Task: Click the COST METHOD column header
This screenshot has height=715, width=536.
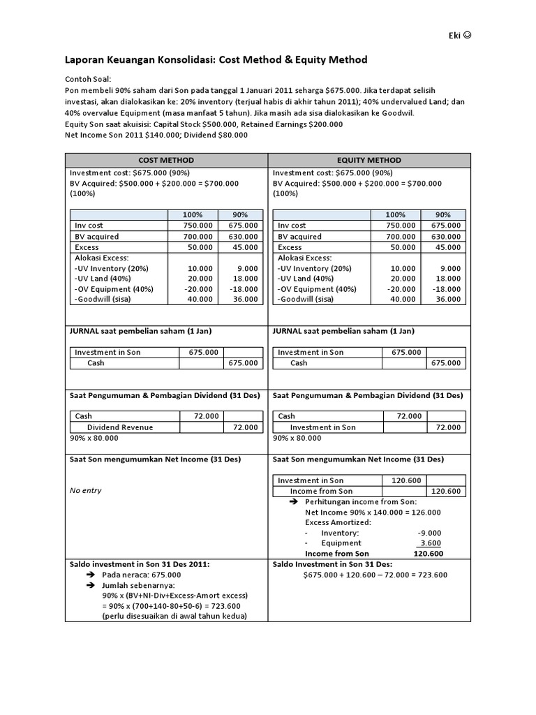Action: point(166,160)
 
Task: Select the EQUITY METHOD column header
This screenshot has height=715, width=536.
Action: point(369,160)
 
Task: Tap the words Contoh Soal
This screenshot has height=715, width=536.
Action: point(88,80)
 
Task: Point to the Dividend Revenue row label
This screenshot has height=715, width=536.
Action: point(120,427)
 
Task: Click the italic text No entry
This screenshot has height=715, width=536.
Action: point(86,490)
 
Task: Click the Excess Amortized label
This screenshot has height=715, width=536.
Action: point(338,522)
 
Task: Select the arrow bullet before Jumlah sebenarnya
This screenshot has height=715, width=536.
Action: point(90,584)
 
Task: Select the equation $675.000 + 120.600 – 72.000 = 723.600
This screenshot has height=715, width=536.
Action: point(375,575)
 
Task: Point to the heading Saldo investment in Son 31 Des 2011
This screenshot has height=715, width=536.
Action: point(140,563)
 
